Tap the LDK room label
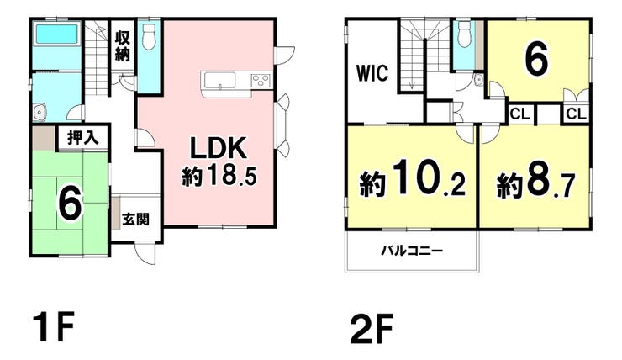[219, 148]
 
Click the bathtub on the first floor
[58, 34]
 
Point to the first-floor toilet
[149, 36]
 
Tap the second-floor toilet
[464, 34]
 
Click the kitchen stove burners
[261, 81]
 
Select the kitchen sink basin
[219, 81]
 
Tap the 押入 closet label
[82, 138]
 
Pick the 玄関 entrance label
[135, 219]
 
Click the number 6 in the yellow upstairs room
[537, 59]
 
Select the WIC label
[372, 73]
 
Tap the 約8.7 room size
[536, 183]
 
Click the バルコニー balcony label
[412, 251]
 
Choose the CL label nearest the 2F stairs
[520, 114]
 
